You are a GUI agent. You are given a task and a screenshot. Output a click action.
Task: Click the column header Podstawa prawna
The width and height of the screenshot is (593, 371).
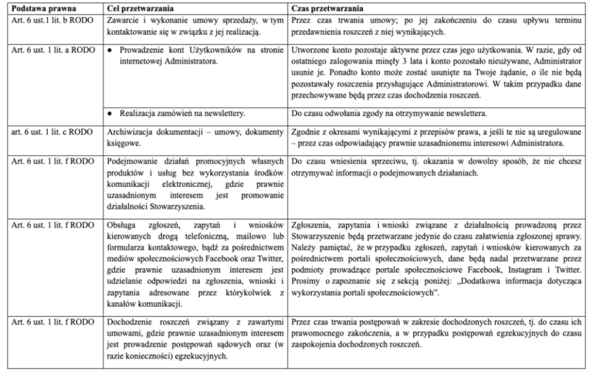pos(36,7)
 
